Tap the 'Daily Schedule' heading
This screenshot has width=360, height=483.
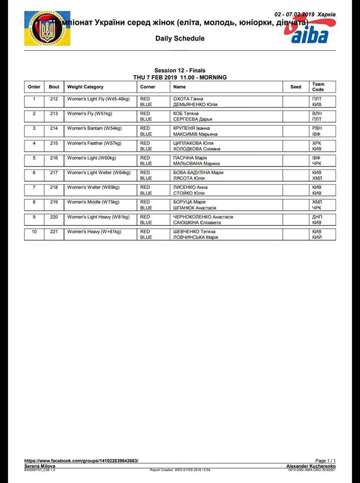[180, 38]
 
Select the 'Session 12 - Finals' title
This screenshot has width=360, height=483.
[179, 70]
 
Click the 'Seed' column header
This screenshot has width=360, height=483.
[296, 87]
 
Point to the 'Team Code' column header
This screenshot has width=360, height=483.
[318, 87]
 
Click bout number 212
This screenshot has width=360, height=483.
[54, 99]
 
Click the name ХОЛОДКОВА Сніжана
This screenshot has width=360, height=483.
[197, 149]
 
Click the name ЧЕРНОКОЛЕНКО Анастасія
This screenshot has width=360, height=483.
[203, 217]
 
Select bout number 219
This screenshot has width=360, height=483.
[54, 202]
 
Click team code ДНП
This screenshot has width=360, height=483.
[317, 217]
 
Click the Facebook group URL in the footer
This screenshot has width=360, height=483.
[81, 460]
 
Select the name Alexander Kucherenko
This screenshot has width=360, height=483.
[311, 466]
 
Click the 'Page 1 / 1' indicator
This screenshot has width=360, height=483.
[325, 460]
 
